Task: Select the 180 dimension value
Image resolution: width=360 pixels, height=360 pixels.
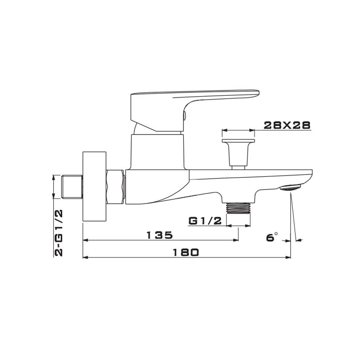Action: (185, 253)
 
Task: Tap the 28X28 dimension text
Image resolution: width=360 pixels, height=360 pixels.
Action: (287, 125)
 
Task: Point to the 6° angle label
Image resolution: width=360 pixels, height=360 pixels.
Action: (272, 237)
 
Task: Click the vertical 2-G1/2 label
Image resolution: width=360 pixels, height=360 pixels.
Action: (58, 233)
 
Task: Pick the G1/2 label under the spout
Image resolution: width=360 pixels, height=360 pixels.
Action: (205, 221)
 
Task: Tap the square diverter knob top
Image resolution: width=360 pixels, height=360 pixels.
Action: (238, 140)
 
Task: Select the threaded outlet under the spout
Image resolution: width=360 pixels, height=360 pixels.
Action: (238, 208)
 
